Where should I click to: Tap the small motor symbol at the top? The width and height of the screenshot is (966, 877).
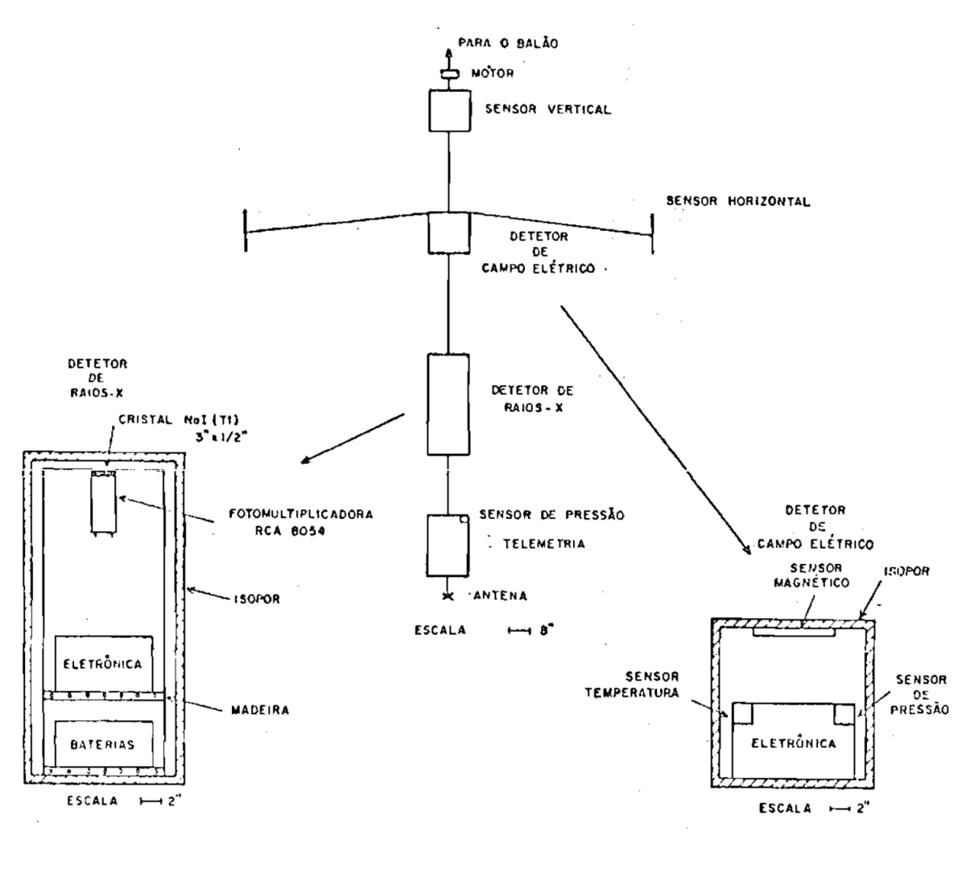click(449, 75)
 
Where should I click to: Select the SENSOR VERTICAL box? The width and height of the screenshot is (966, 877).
click(448, 110)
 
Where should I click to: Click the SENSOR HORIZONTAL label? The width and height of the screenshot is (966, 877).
click(737, 201)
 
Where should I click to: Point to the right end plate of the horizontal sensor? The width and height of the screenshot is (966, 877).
click(651, 234)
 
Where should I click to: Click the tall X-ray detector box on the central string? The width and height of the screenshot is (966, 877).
click(448, 404)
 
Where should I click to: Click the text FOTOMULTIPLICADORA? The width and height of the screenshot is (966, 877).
click(300, 513)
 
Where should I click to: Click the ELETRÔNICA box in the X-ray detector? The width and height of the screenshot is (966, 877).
click(102, 664)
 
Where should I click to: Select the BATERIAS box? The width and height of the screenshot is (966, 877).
click(102, 744)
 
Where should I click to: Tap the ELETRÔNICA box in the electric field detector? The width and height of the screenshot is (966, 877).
click(793, 743)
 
